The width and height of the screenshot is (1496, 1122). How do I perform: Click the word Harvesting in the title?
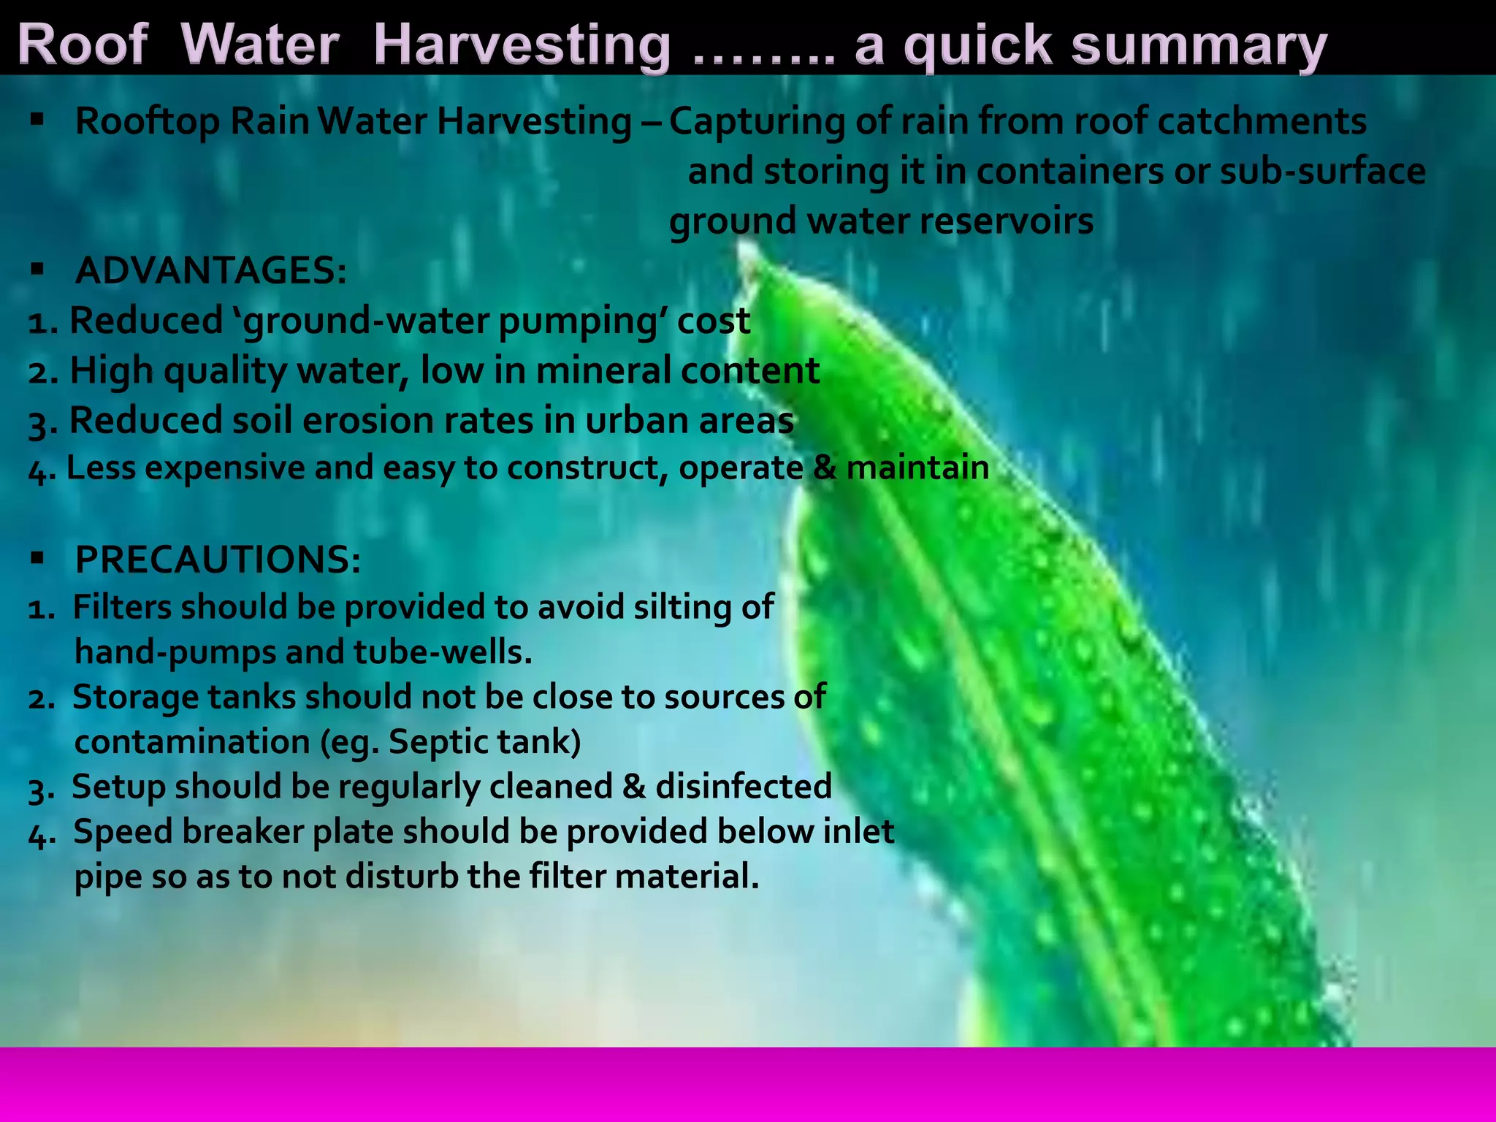point(522,45)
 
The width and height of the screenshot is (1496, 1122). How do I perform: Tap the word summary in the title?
point(1198,45)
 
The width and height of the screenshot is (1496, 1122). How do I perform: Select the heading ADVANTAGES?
point(211,271)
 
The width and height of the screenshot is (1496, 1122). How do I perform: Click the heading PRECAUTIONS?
point(218,560)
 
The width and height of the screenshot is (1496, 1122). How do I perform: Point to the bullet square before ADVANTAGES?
point(38,270)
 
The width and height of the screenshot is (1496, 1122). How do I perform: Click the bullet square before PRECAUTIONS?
point(38,560)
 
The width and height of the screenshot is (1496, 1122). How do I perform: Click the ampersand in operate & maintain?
point(825,467)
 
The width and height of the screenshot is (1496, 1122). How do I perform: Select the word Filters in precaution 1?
point(122,607)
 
